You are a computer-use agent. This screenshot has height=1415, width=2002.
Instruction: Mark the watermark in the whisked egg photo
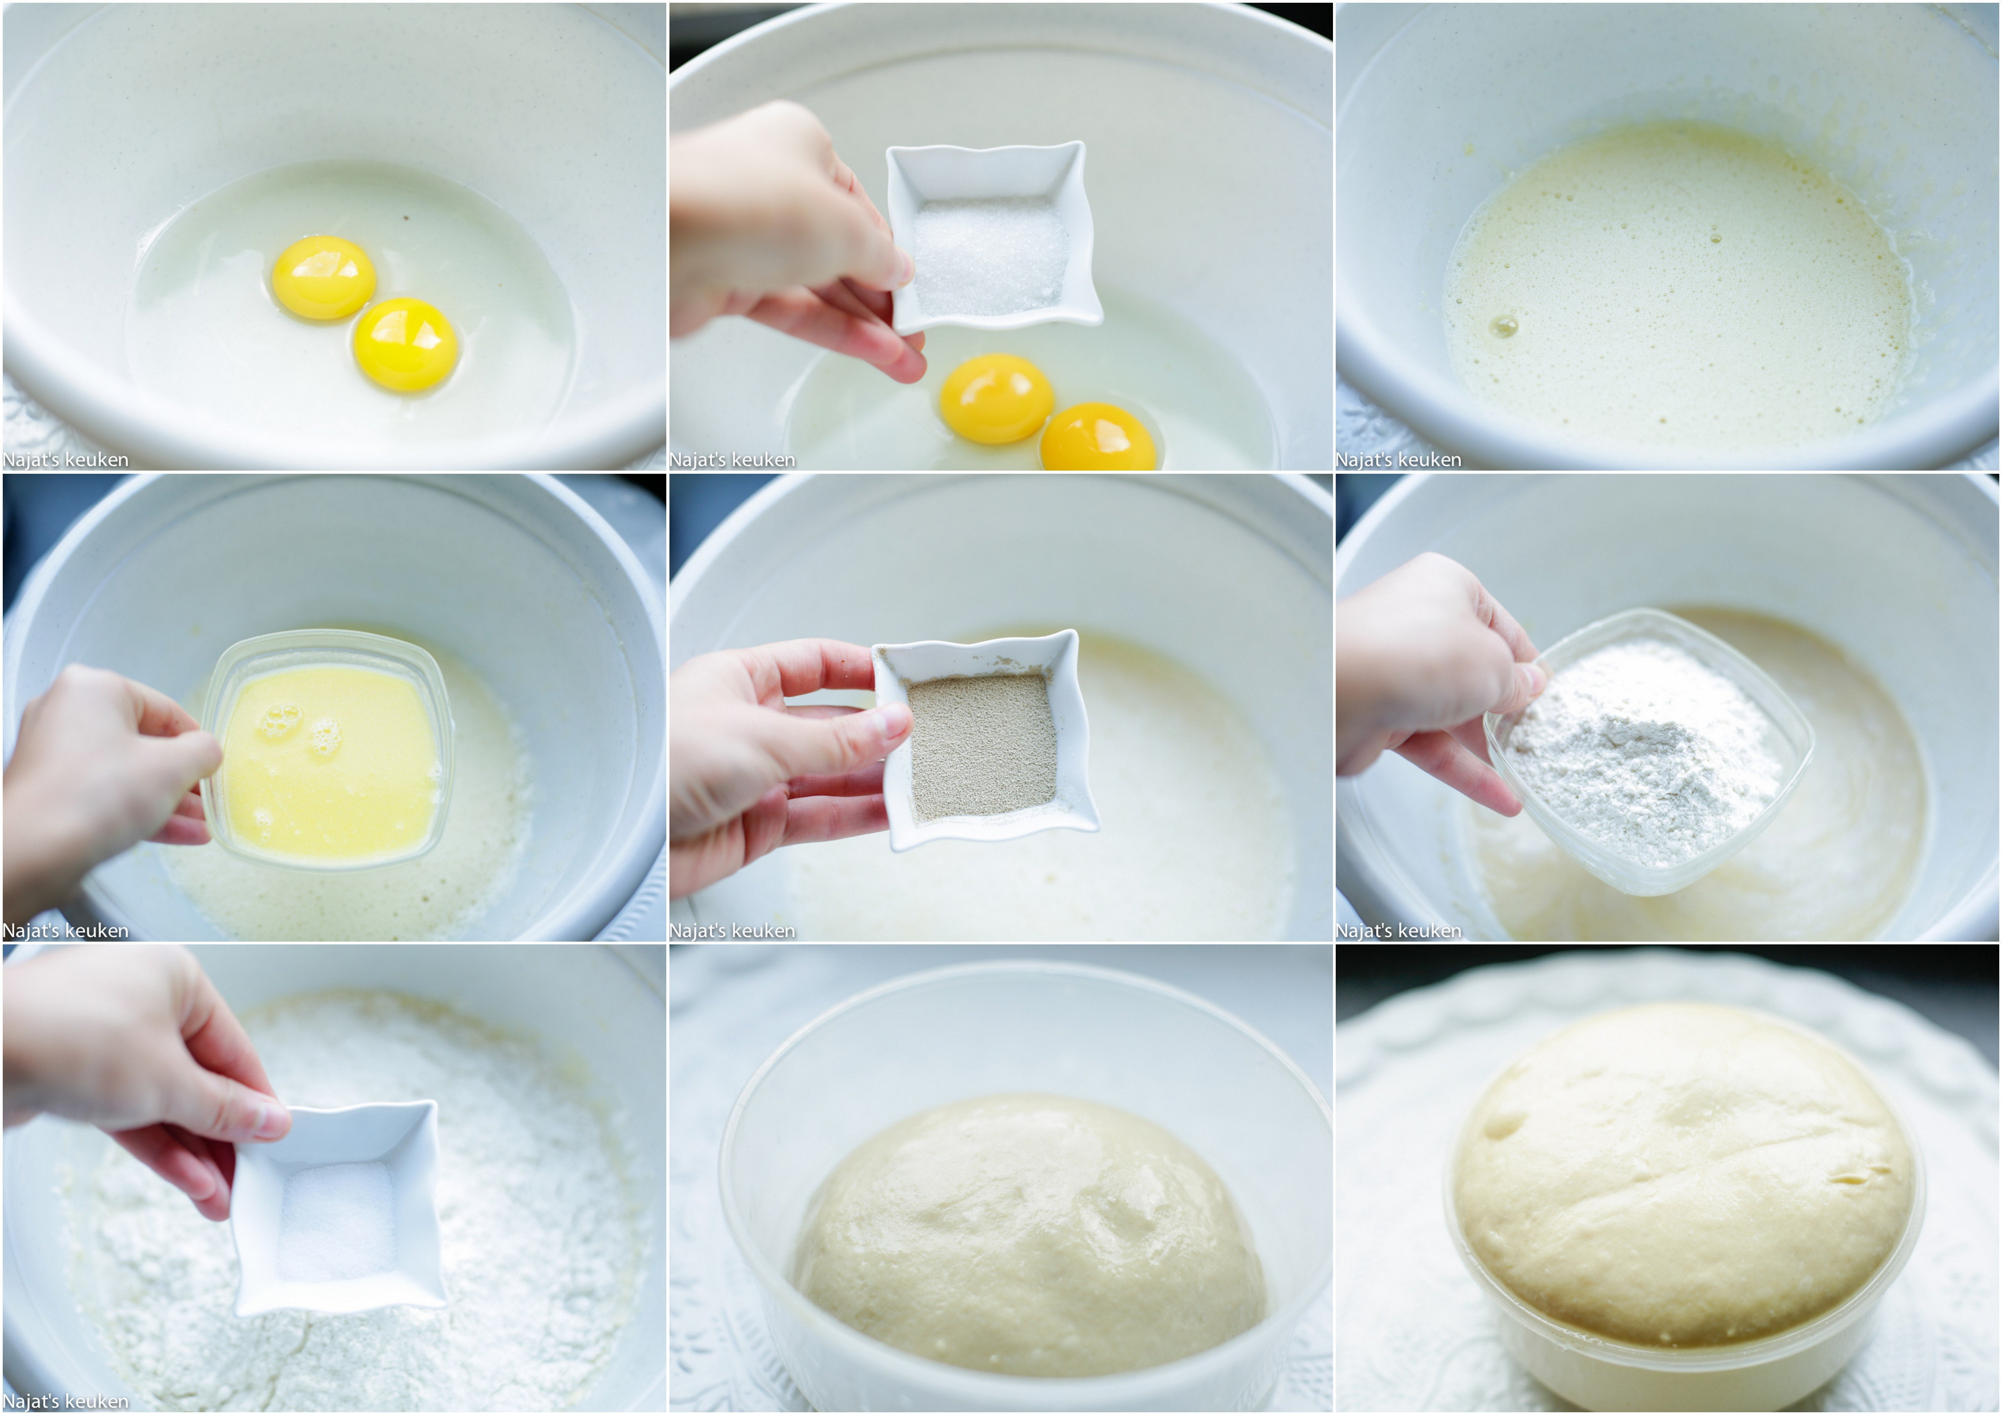[x=1399, y=459]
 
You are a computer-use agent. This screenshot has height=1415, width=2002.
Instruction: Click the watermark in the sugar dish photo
[x=732, y=459]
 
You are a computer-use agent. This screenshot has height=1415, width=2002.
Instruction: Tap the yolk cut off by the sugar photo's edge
[x=1099, y=438]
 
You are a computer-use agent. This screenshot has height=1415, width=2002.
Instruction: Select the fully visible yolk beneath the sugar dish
[x=997, y=398]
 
